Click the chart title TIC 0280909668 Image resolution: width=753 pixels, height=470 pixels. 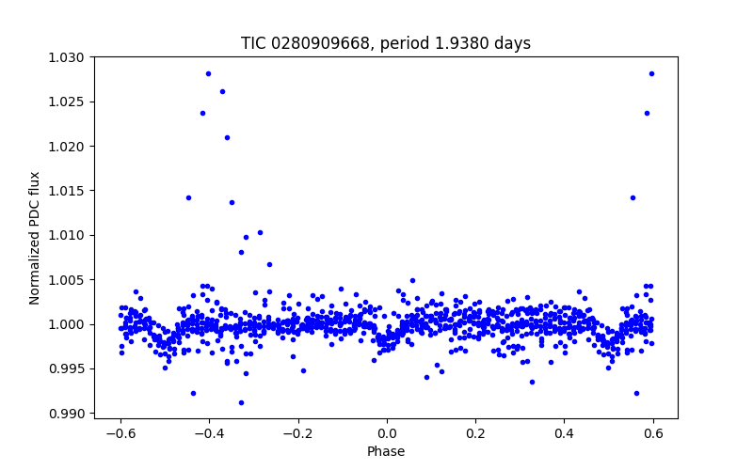[385, 43]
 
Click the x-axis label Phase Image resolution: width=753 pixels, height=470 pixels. [386, 451]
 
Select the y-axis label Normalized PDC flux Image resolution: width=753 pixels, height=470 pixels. [35, 238]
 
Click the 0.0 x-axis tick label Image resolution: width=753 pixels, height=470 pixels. [387, 433]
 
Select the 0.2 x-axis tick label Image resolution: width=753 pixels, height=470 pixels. [475, 433]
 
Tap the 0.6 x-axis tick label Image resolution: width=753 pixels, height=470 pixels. [653, 433]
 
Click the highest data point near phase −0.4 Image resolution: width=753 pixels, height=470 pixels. [208, 73]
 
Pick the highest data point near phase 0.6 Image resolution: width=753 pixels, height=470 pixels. [651, 73]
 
